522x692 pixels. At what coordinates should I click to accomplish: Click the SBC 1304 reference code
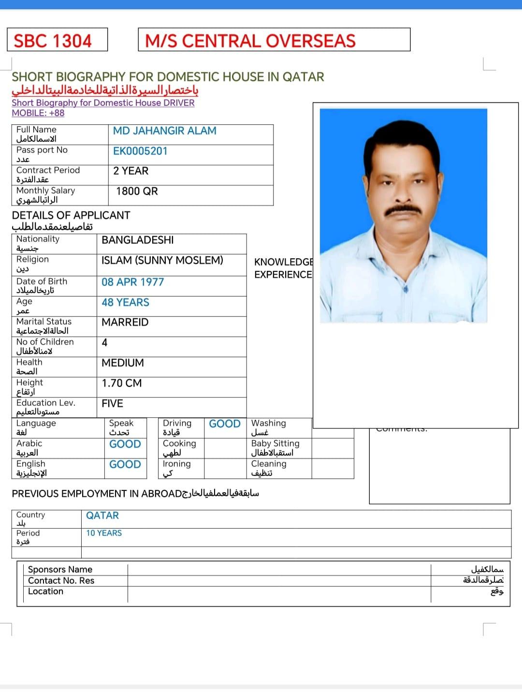53,41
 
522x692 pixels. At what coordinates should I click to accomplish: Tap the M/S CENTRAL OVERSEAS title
250,41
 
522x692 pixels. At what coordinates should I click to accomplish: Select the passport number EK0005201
140,151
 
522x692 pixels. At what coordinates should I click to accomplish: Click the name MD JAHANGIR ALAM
164,131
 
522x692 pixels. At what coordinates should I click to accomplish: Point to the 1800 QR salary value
137,191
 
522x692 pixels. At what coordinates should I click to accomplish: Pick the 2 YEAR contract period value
130,171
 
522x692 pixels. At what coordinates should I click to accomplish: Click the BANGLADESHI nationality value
137,240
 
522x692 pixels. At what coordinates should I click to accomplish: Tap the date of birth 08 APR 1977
132,282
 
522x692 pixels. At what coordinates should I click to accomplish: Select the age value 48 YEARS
125,302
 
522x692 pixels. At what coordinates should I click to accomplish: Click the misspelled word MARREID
125,322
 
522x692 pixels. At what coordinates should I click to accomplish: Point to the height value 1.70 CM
121,383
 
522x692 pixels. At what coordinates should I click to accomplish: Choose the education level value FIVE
112,403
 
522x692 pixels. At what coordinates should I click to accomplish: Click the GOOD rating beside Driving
225,424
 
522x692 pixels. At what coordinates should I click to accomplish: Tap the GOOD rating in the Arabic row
125,444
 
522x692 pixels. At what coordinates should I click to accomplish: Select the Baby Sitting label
275,443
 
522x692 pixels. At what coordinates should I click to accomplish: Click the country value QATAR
102,515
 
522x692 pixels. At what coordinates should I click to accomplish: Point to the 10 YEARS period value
104,533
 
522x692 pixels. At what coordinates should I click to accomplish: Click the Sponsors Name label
60,569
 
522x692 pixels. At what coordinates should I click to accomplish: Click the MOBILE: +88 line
38,113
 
